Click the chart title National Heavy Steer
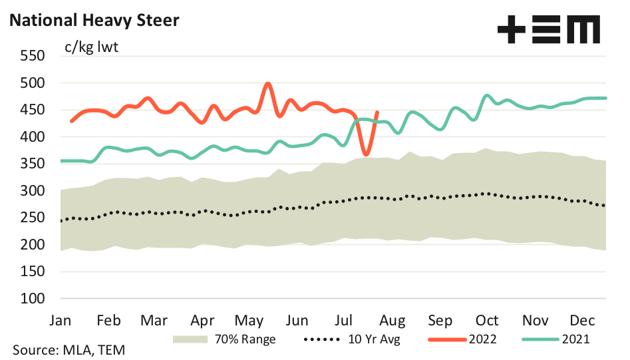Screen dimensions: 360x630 pos(94,21)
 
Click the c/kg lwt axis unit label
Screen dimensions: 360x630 pos(91,48)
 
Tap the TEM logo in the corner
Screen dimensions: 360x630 pos(548,30)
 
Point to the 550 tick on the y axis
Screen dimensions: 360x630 pos(33,57)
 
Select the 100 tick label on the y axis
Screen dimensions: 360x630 pos(33,299)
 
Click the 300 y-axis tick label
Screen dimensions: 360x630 pos(33,191)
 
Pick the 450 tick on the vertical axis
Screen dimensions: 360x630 pos(33,110)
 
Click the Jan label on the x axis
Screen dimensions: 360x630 pos(61,320)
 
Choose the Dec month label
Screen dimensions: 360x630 pos(583,320)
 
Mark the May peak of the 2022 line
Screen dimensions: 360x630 pos(267,84)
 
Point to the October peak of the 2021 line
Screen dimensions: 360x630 pos(487,96)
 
